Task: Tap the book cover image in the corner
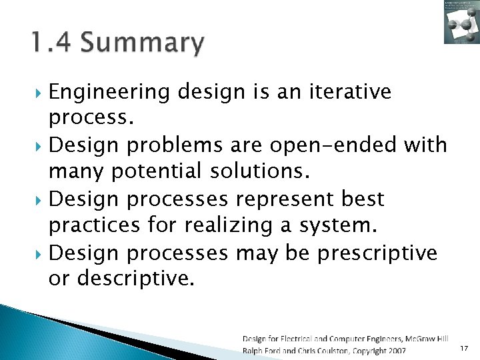pos(461,22)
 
